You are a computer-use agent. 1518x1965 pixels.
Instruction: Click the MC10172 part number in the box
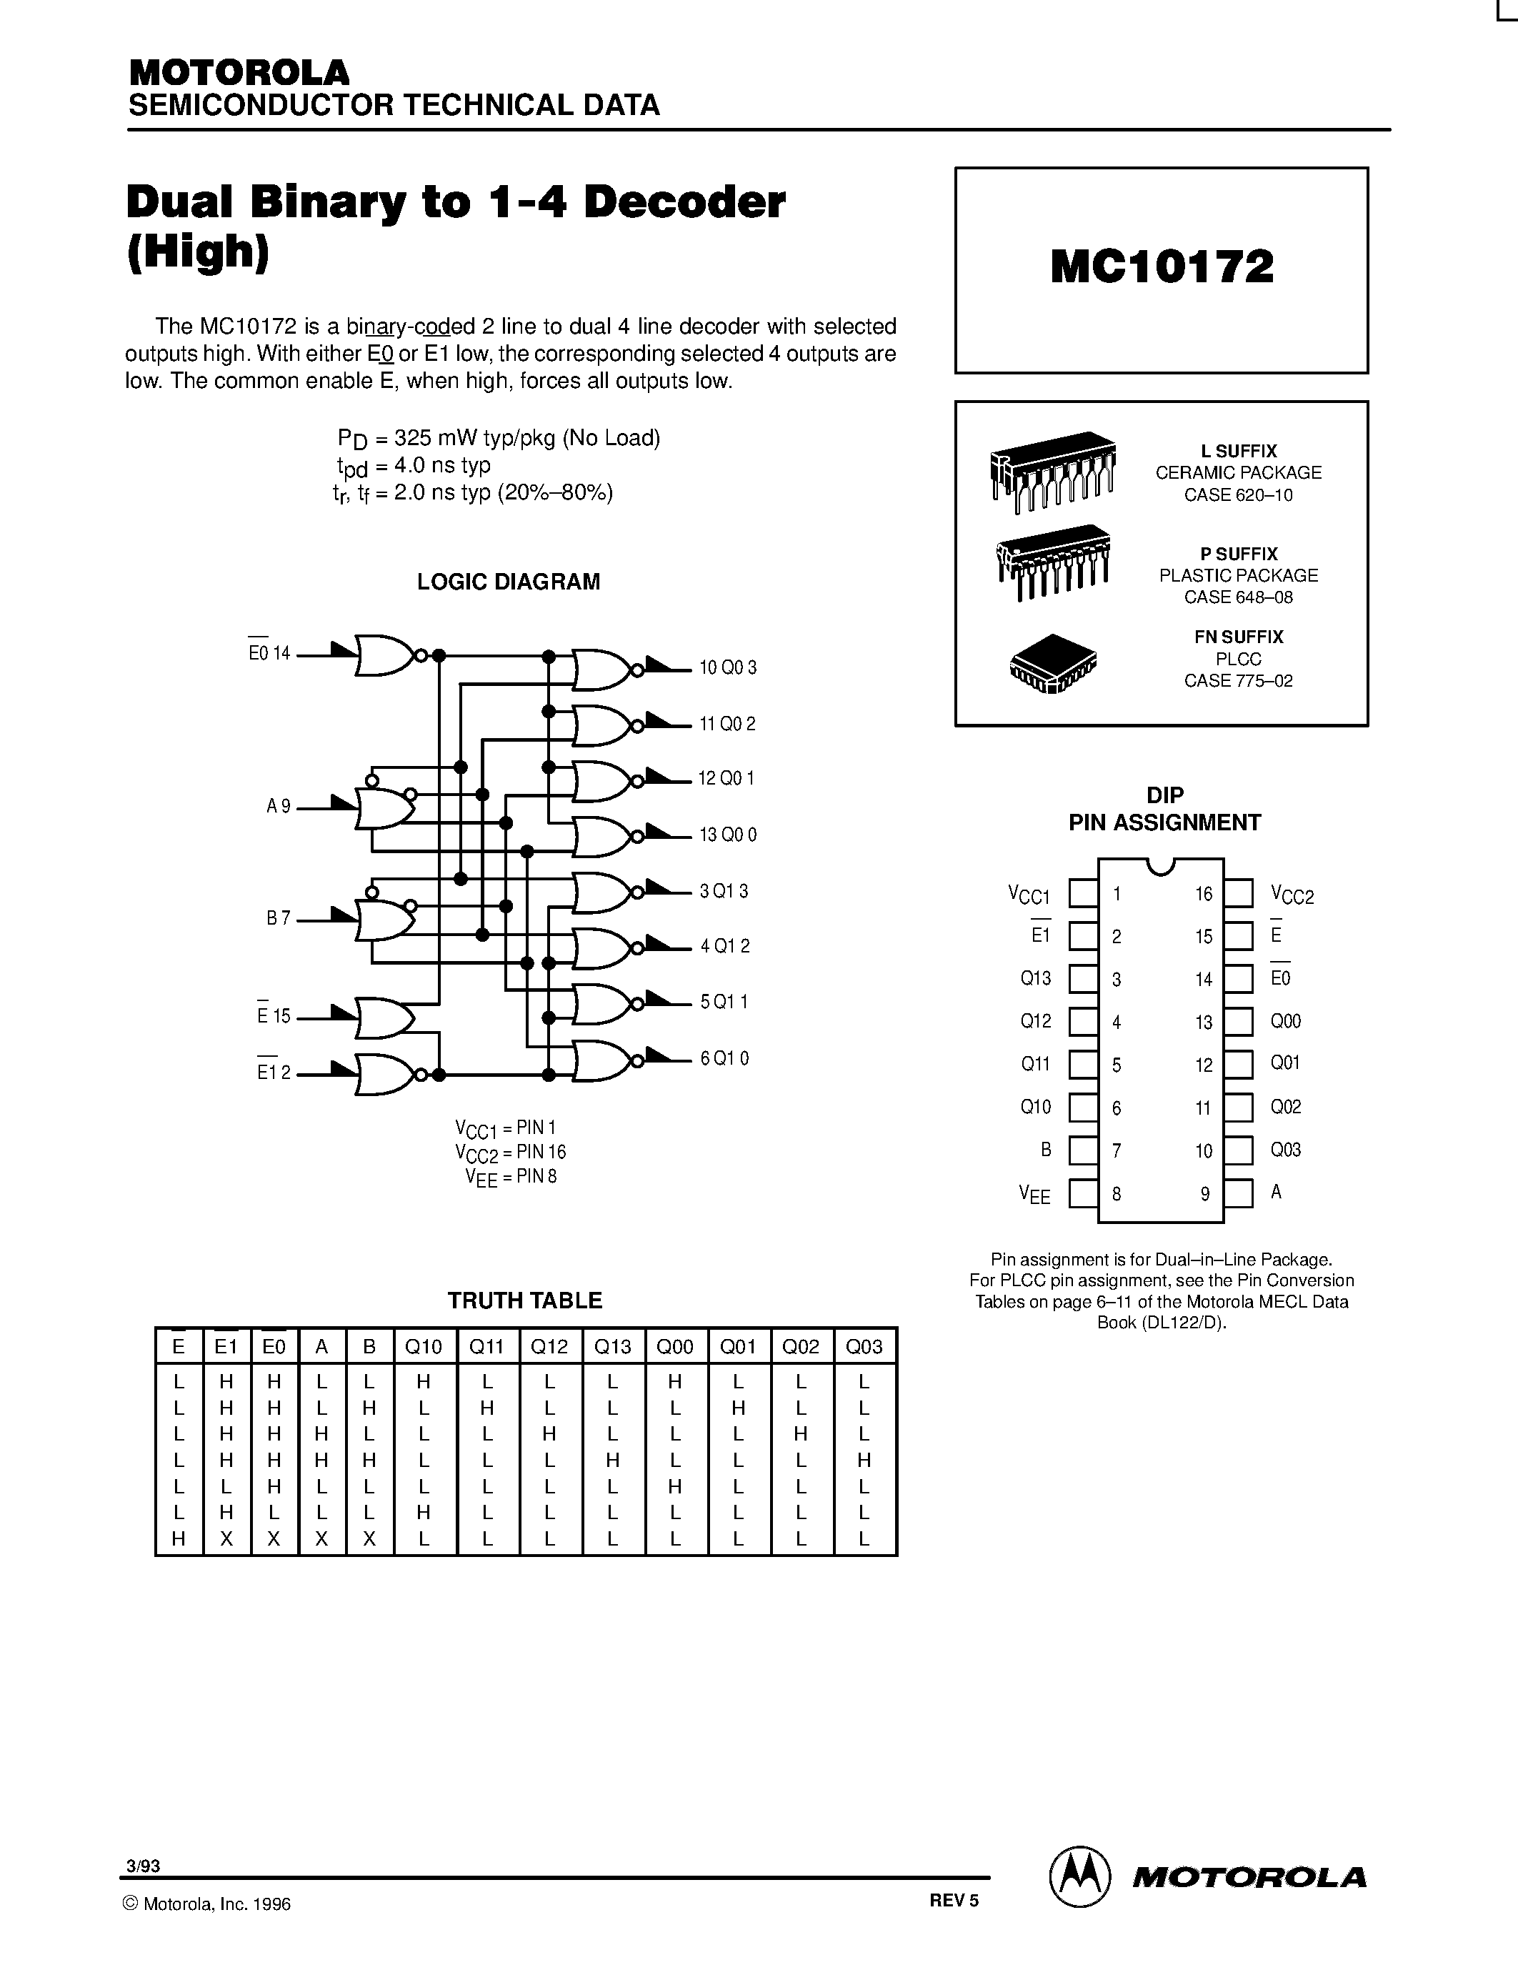(1161, 267)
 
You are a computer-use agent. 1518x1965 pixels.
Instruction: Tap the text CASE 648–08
(1237, 597)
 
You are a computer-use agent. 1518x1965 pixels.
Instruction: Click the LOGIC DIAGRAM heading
(508, 582)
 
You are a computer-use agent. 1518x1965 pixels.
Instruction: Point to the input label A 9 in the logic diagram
(279, 807)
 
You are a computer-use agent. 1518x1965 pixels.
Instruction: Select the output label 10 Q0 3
(727, 667)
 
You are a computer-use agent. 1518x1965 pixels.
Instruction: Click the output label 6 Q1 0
(724, 1058)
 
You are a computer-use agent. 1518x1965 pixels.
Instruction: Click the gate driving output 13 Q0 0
(601, 836)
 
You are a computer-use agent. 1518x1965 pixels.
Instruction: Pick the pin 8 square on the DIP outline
(1083, 1194)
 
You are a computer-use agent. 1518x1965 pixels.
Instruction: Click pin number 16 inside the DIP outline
(1203, 895)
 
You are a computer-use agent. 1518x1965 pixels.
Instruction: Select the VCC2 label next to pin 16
(1292, 895)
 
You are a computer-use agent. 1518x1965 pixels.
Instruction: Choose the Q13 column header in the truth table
(612, 1347)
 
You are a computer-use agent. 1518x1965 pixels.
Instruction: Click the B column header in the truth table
(369, 1347)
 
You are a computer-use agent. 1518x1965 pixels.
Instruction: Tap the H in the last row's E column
(178, 1539)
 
